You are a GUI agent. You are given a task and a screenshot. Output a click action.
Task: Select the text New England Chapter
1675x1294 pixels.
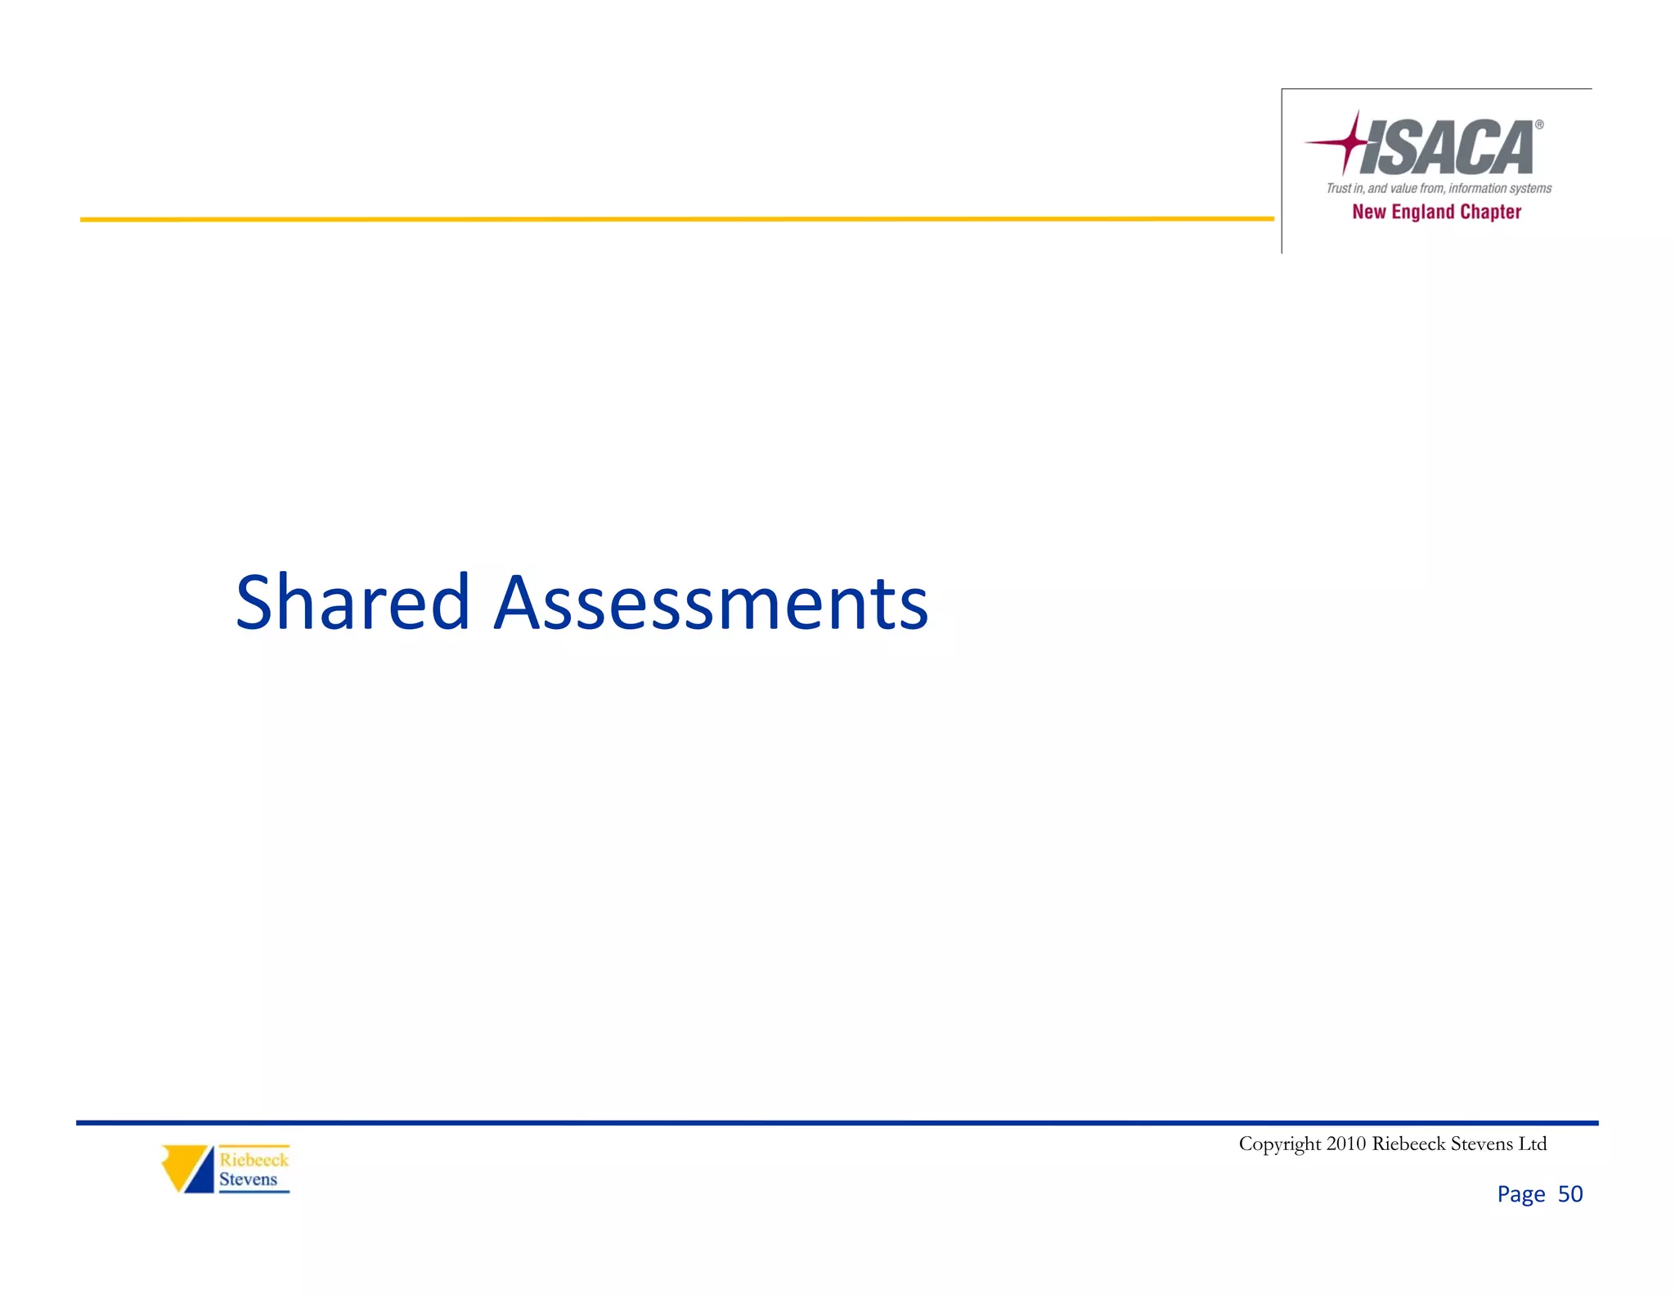coord(1436,212)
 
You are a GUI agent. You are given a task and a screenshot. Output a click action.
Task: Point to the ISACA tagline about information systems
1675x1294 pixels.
coord(1439,188)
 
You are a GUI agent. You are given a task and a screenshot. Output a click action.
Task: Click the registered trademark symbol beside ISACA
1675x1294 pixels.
coord(1538,125)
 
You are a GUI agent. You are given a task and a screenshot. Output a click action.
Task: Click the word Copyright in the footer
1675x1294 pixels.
coord(1279,1143)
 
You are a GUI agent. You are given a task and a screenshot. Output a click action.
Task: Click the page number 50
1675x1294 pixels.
coord(1569,1194)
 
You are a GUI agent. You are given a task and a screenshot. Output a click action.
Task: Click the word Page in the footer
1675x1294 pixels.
coord(1520,1194)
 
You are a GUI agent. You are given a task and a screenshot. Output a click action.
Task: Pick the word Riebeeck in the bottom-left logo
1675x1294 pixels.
coord(254,1159)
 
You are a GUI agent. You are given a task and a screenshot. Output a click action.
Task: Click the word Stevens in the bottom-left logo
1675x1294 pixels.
coord(248,1179)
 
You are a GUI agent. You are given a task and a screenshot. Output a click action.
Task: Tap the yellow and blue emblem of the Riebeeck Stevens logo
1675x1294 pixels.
coord(187,1168)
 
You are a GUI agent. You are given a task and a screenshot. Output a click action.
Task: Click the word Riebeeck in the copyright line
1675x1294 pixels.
coord(1408,1143)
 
